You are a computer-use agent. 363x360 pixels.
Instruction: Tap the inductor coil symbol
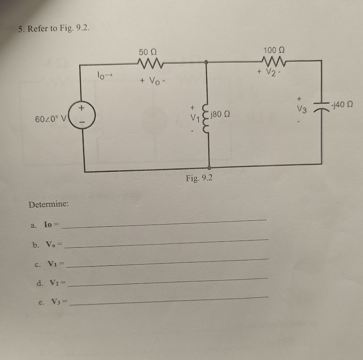[x=207, y=119]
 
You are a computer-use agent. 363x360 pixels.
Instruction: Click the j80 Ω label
[x=223, y=114]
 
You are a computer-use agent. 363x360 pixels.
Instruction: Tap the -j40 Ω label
[x=341, y=103]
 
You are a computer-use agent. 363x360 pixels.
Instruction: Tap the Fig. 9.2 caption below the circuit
[x=199, y=178]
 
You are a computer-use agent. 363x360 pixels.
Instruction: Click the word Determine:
[x=49, y=205]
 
